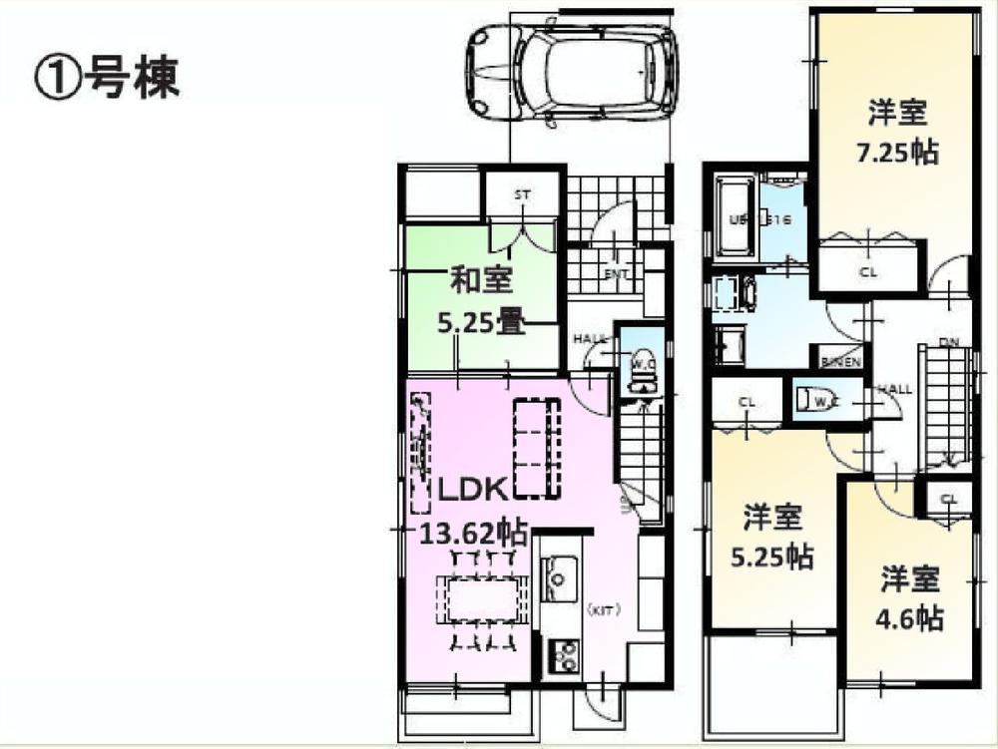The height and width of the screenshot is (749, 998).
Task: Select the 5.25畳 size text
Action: tap(481, 323)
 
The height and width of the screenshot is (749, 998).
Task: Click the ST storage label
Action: tap(522, 195)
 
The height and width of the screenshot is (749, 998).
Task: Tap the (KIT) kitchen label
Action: tap(602, 608)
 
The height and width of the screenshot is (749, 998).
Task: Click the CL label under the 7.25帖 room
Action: tap(868, 270)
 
